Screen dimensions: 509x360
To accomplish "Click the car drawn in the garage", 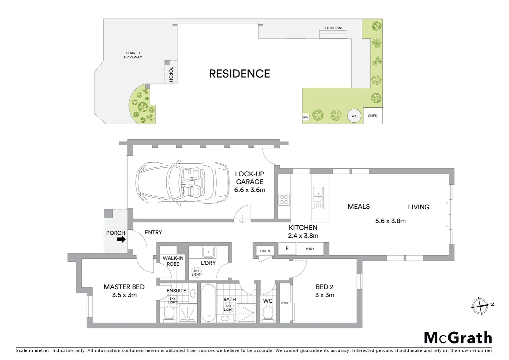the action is click(183, 183).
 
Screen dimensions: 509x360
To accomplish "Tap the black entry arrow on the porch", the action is click(122, 239).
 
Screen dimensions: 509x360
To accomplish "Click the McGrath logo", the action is click(458, 338).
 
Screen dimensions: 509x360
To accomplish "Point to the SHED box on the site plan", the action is click(373, 116).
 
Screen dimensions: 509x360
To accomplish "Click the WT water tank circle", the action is click(354, 116).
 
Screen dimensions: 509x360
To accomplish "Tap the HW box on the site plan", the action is click(305, 117).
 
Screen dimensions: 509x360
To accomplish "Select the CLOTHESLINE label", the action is click(333, 28).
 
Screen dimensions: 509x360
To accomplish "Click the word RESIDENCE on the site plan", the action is click(240, 74).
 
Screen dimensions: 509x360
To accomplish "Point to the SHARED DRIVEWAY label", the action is click(133, 55).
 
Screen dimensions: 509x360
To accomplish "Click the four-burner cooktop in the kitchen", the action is click(284, 199).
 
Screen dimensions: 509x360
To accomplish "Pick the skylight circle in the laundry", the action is click(196, 273).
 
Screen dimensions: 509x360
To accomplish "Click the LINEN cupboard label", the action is click(265, 251).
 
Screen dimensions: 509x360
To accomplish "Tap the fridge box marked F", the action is click(287, 249).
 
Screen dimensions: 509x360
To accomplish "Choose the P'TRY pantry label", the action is click(310, 249).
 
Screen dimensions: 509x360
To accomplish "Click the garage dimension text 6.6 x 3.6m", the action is click(250, 190).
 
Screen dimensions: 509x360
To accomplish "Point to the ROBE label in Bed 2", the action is click(285, 303).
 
